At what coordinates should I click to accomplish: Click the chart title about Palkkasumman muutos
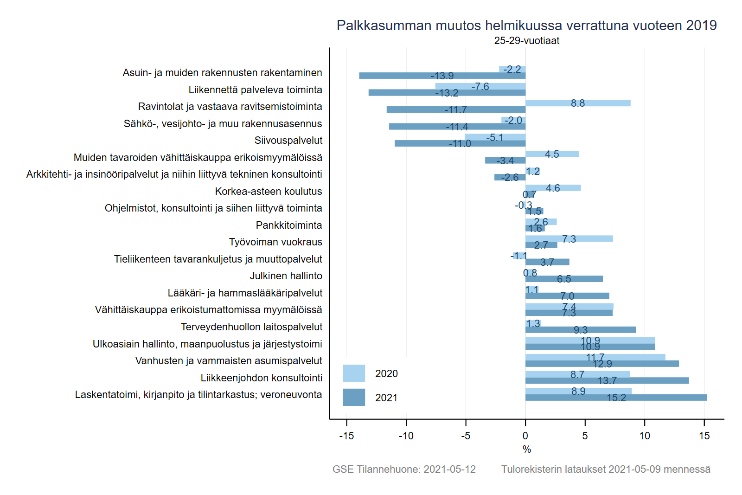point(526,25)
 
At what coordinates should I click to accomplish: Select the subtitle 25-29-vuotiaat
point(526,41)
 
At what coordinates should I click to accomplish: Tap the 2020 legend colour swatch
point(353,373)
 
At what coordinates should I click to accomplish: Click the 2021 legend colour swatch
point(353,398)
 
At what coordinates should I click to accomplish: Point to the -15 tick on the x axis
point(346,436)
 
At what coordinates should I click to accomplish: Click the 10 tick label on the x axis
point(645,436)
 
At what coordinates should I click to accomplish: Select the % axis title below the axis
point(526,449)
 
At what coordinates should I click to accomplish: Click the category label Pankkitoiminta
point(288,225)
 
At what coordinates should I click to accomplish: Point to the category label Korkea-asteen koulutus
point(268,192)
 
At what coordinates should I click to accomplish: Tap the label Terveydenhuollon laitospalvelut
point(251,327)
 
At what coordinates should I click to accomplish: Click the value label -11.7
point(456,110)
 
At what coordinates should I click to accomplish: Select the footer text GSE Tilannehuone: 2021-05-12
point(404,469)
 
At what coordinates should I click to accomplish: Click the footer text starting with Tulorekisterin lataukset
point(606,469)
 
